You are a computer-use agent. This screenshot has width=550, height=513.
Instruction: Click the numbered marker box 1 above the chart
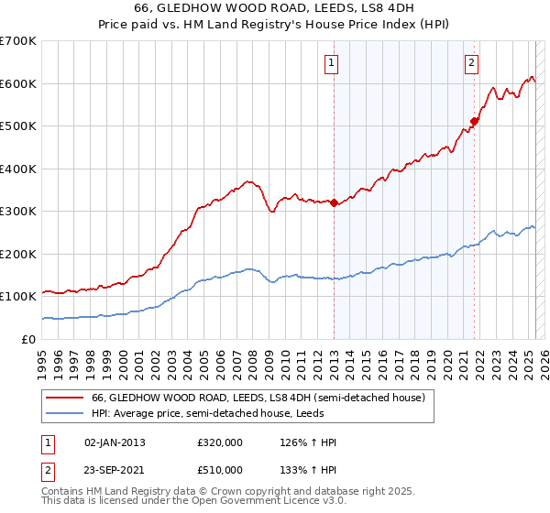coord(330,63)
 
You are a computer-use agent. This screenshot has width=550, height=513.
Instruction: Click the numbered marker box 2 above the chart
coord(471,63)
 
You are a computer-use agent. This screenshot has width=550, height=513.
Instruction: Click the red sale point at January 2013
coord(334,203)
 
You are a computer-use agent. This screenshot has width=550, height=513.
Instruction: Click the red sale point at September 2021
coord(475,121)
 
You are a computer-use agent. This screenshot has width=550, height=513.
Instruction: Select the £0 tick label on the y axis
coord(27,339)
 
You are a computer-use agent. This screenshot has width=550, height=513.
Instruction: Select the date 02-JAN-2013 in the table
coord(115,442)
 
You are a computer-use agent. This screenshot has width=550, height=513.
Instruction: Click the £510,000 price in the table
coord(220,469)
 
